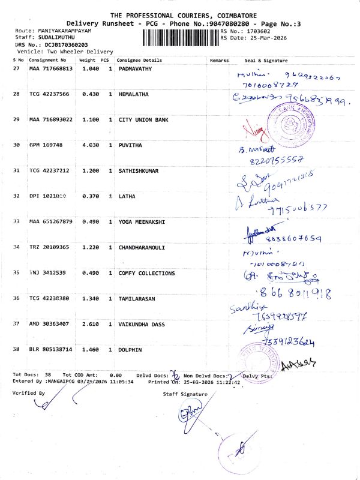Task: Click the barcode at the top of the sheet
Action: (181, 38)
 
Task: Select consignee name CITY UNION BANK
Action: (143, 120)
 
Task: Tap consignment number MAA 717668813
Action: (51, 69)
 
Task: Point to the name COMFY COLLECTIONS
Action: (146, 273)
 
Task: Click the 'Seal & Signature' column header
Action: (266, 61)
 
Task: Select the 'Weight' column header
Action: (87, 61)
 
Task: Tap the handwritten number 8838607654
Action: (287, 238)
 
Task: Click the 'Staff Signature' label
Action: (185, 394)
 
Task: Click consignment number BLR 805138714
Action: (51, 349)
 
